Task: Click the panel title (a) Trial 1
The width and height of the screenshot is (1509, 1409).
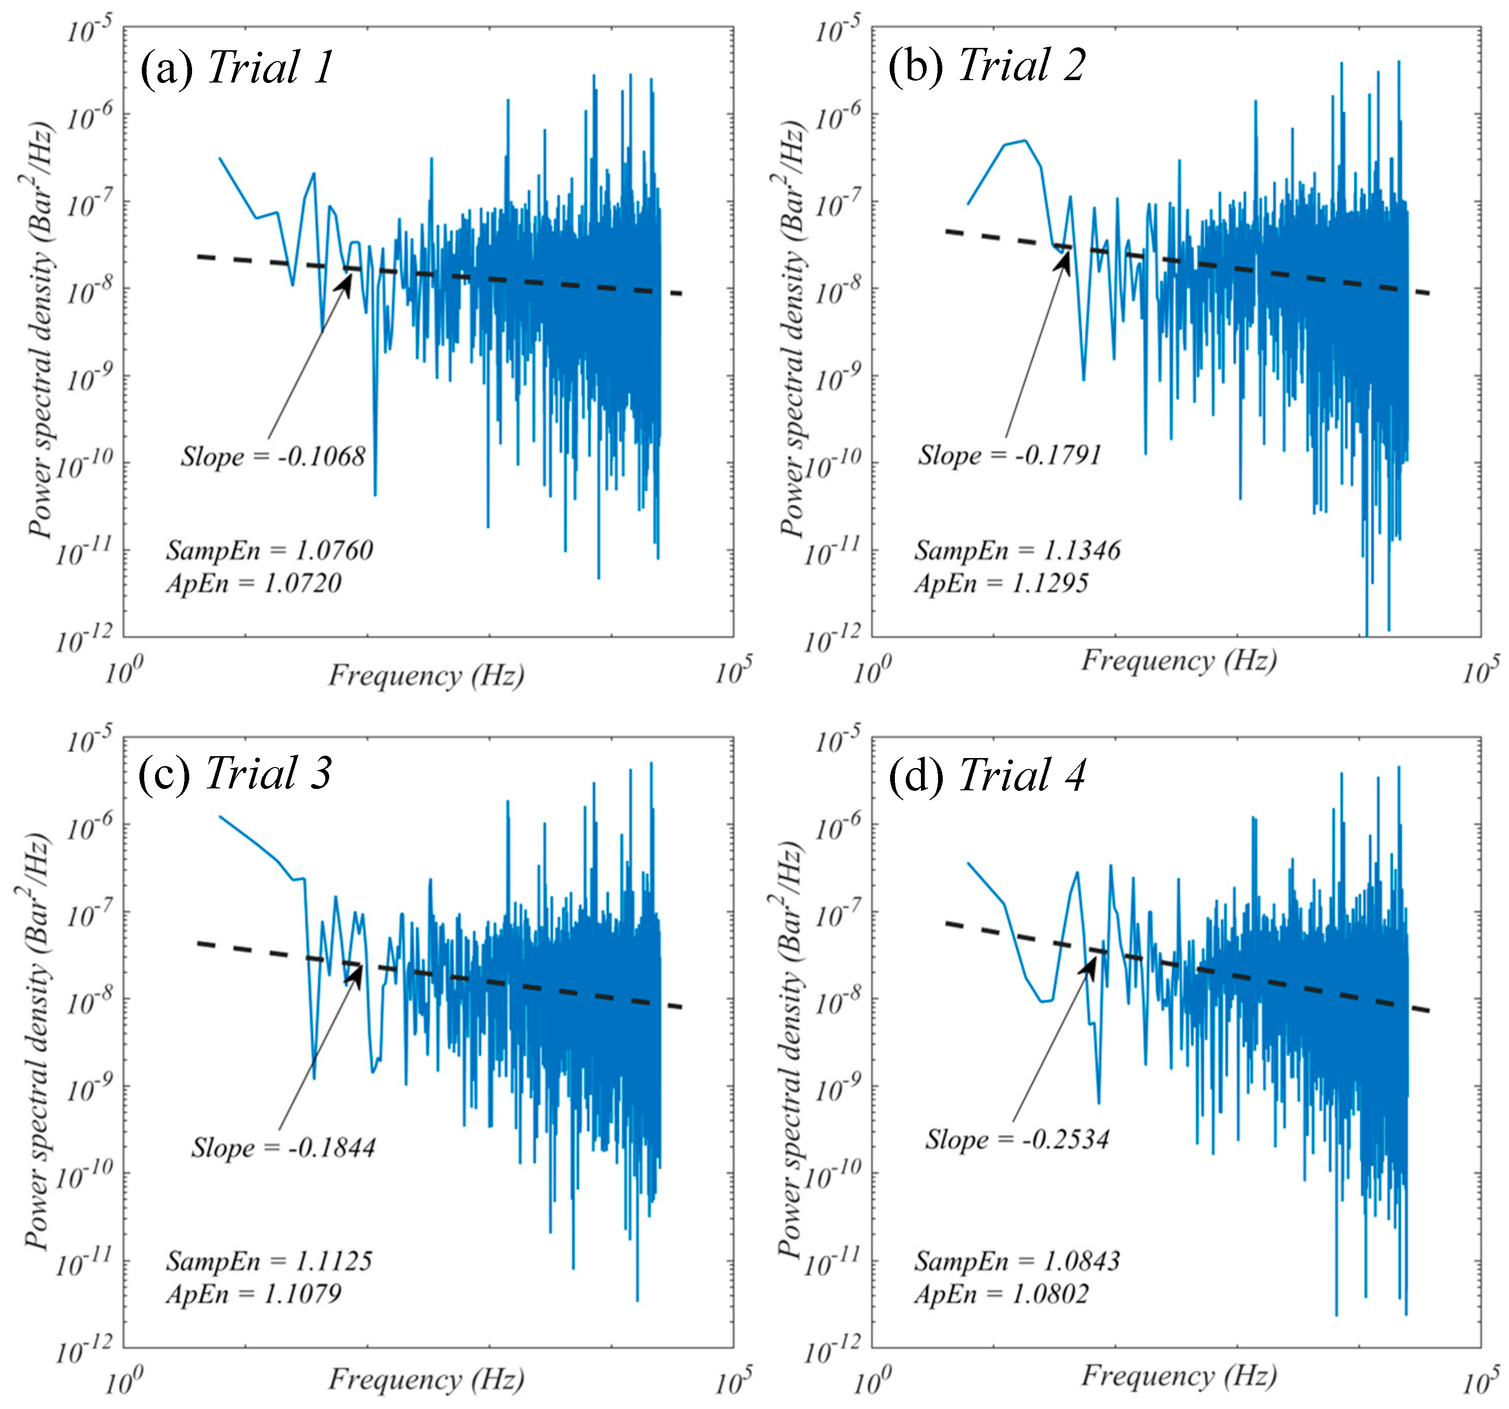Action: [237, 67]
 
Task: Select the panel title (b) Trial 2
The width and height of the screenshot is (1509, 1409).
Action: [987, 65]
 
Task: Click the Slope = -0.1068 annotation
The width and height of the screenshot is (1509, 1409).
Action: [273, 457]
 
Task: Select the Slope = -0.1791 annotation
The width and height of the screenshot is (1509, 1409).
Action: [1010, 455]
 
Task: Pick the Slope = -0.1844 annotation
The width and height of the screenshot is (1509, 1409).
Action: [283, 1147]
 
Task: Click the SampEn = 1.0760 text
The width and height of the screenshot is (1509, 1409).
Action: [269, 550]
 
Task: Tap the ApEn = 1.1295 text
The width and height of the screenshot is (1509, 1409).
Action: [1001, 584]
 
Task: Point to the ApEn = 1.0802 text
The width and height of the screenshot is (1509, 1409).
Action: [1001, 1294]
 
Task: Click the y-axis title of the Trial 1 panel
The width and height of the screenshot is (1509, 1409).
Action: [42, 330]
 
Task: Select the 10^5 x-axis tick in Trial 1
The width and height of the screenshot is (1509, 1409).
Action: [733, 671]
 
